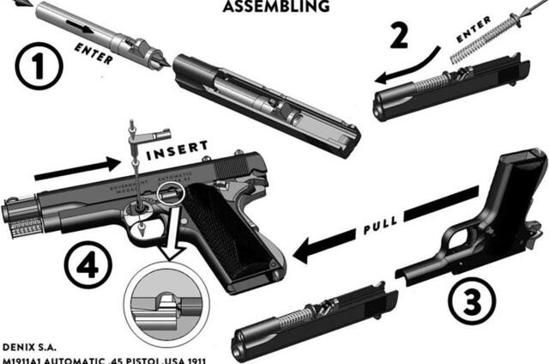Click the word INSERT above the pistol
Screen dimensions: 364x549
(x=176, y=152)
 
